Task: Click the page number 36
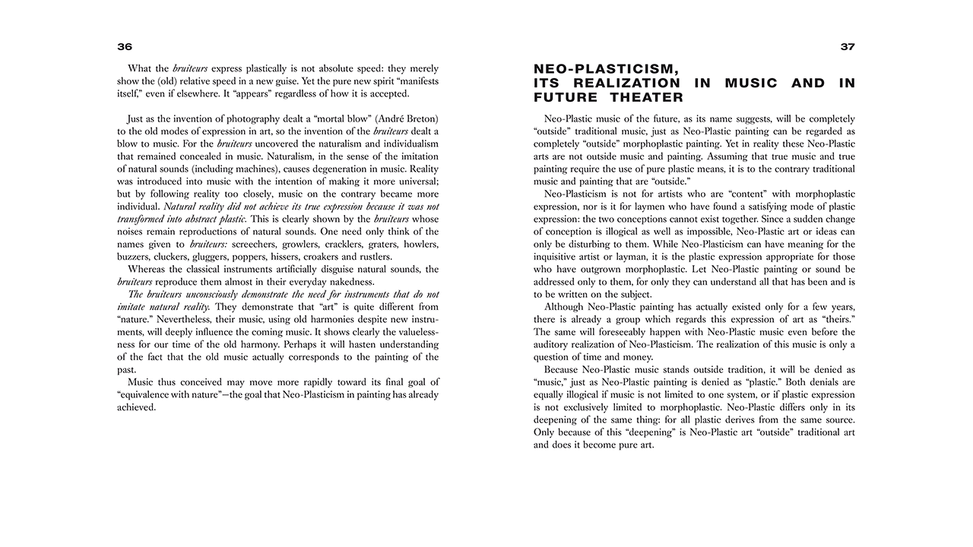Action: pos(125,47)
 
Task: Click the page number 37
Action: pos(848,47)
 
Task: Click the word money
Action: pos(637,357)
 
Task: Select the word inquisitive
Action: pos(560,257)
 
